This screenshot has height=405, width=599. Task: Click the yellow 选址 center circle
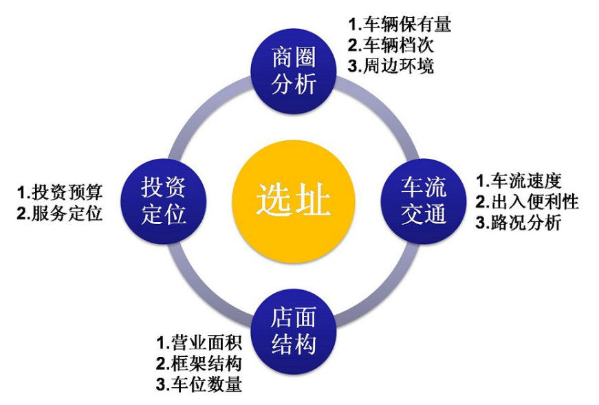tap(294, 201)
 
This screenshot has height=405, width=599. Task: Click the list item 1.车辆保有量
tap(400, 25)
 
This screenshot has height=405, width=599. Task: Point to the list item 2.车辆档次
tap(391, 46)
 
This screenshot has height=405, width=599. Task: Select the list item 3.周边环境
tap(391, 67)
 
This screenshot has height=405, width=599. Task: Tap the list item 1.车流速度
tap(519, 181)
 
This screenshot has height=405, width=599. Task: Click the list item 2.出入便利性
tap(527, 201)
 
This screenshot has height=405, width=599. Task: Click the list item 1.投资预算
tap(60, 192)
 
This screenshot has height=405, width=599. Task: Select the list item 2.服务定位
tap(60, 213)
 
